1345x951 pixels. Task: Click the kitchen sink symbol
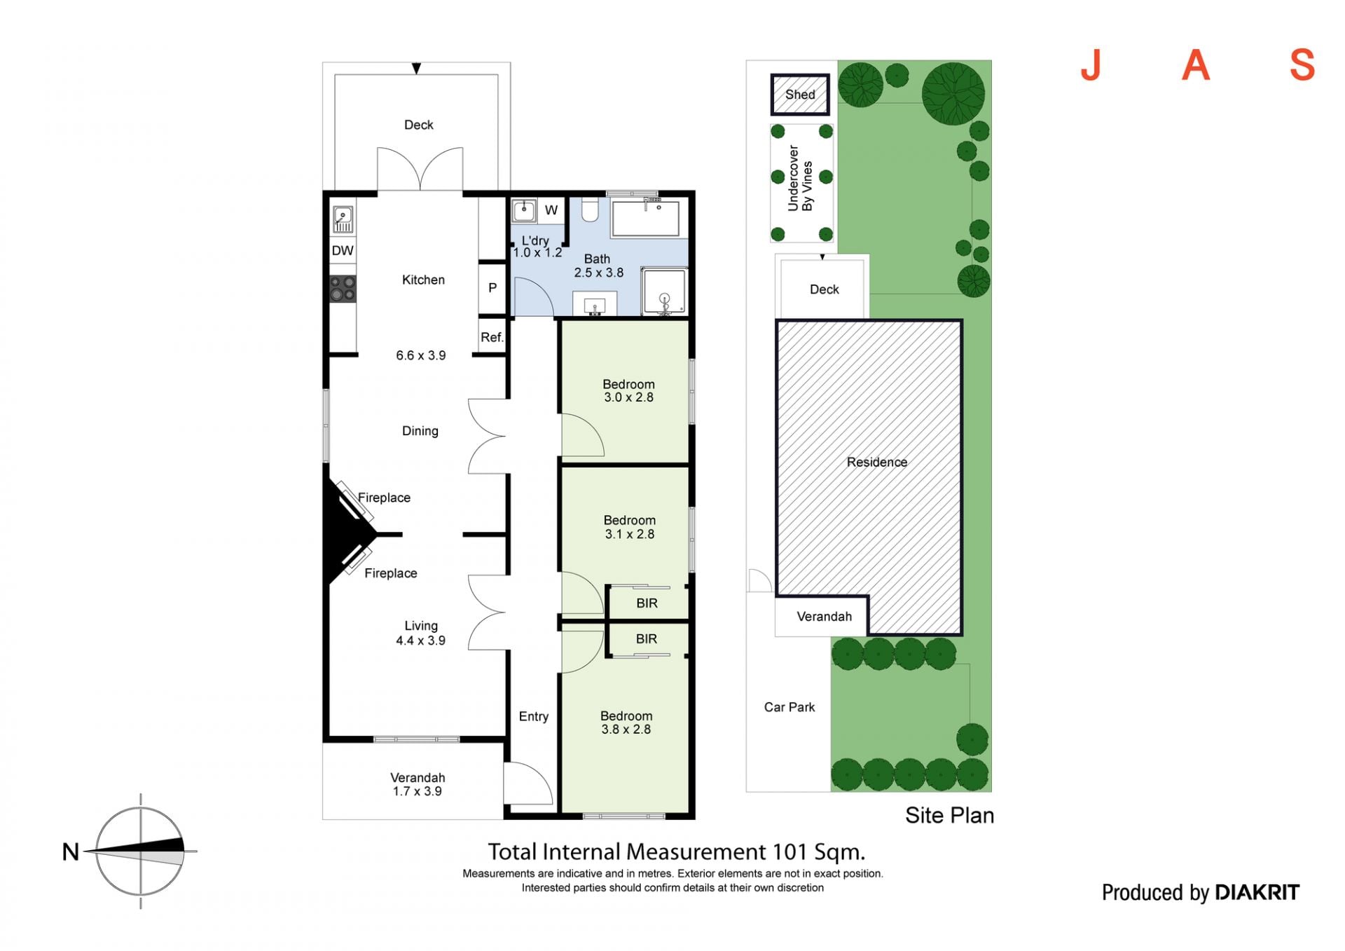(x=343, y=219)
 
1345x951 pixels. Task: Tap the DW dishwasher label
(x=343, y=251)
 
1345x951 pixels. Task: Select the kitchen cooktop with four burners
(x=343, y=289)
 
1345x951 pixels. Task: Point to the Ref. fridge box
(x=492, y=337)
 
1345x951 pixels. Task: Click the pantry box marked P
(x=492, y=287)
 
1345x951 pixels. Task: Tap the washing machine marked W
(x=551, y=210)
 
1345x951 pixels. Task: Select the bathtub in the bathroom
(x=645, y=219)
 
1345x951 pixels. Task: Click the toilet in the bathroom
(x=590, y=209)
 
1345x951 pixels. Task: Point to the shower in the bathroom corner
(x=664, y=290)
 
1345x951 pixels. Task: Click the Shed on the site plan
(x=800, y=95)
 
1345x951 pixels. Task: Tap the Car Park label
(x=789, y=707)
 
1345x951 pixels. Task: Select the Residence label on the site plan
(x=876, y=462)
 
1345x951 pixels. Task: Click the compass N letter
(x=71, y=851)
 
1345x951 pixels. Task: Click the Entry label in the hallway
(x=533, y=716)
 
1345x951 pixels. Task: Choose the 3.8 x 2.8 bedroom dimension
(x=626, y=729)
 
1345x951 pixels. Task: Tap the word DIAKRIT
(x=1257, y=892)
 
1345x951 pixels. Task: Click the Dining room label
(x=420, y=431)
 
